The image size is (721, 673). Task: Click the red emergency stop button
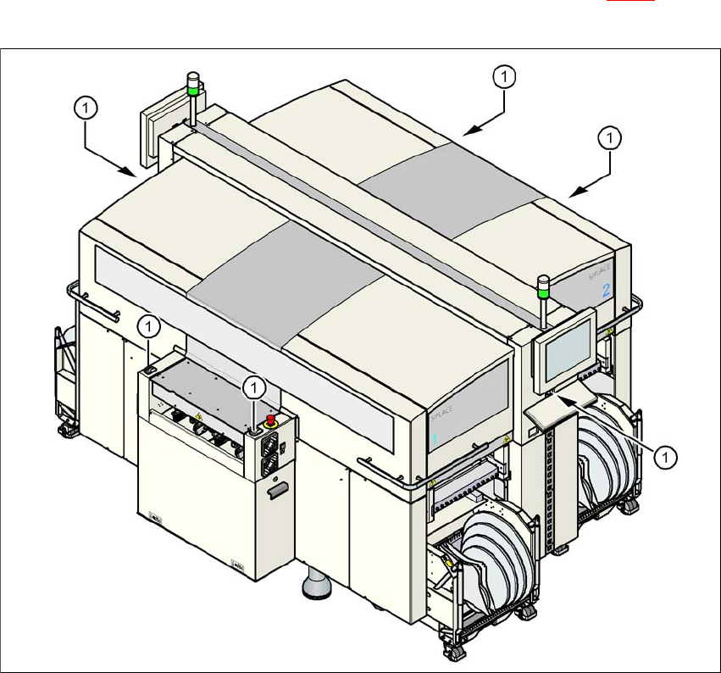(x=272, y=420)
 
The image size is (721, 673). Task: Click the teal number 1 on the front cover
(x=435, y=439)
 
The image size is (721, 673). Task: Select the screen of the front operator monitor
(x=568, y=351)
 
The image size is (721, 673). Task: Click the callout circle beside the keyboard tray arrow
(x=668, y=457)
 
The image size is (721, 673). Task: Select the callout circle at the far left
(x=87, y=108)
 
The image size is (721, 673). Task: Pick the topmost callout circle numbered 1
(x=504, y=77)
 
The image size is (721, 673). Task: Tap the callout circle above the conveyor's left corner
(x=149, y=325)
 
